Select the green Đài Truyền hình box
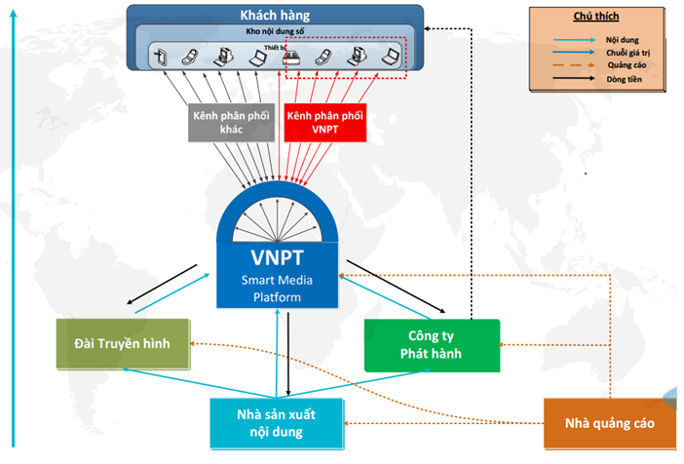tap(121, 344)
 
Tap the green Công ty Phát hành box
tap(431, 344)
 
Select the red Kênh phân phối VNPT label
tap(324, 121)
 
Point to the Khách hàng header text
tap(276, 15)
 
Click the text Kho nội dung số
tap(277, 31)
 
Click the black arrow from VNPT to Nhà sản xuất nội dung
tap(289, 355)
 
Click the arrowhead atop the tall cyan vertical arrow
tap(12, 12)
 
